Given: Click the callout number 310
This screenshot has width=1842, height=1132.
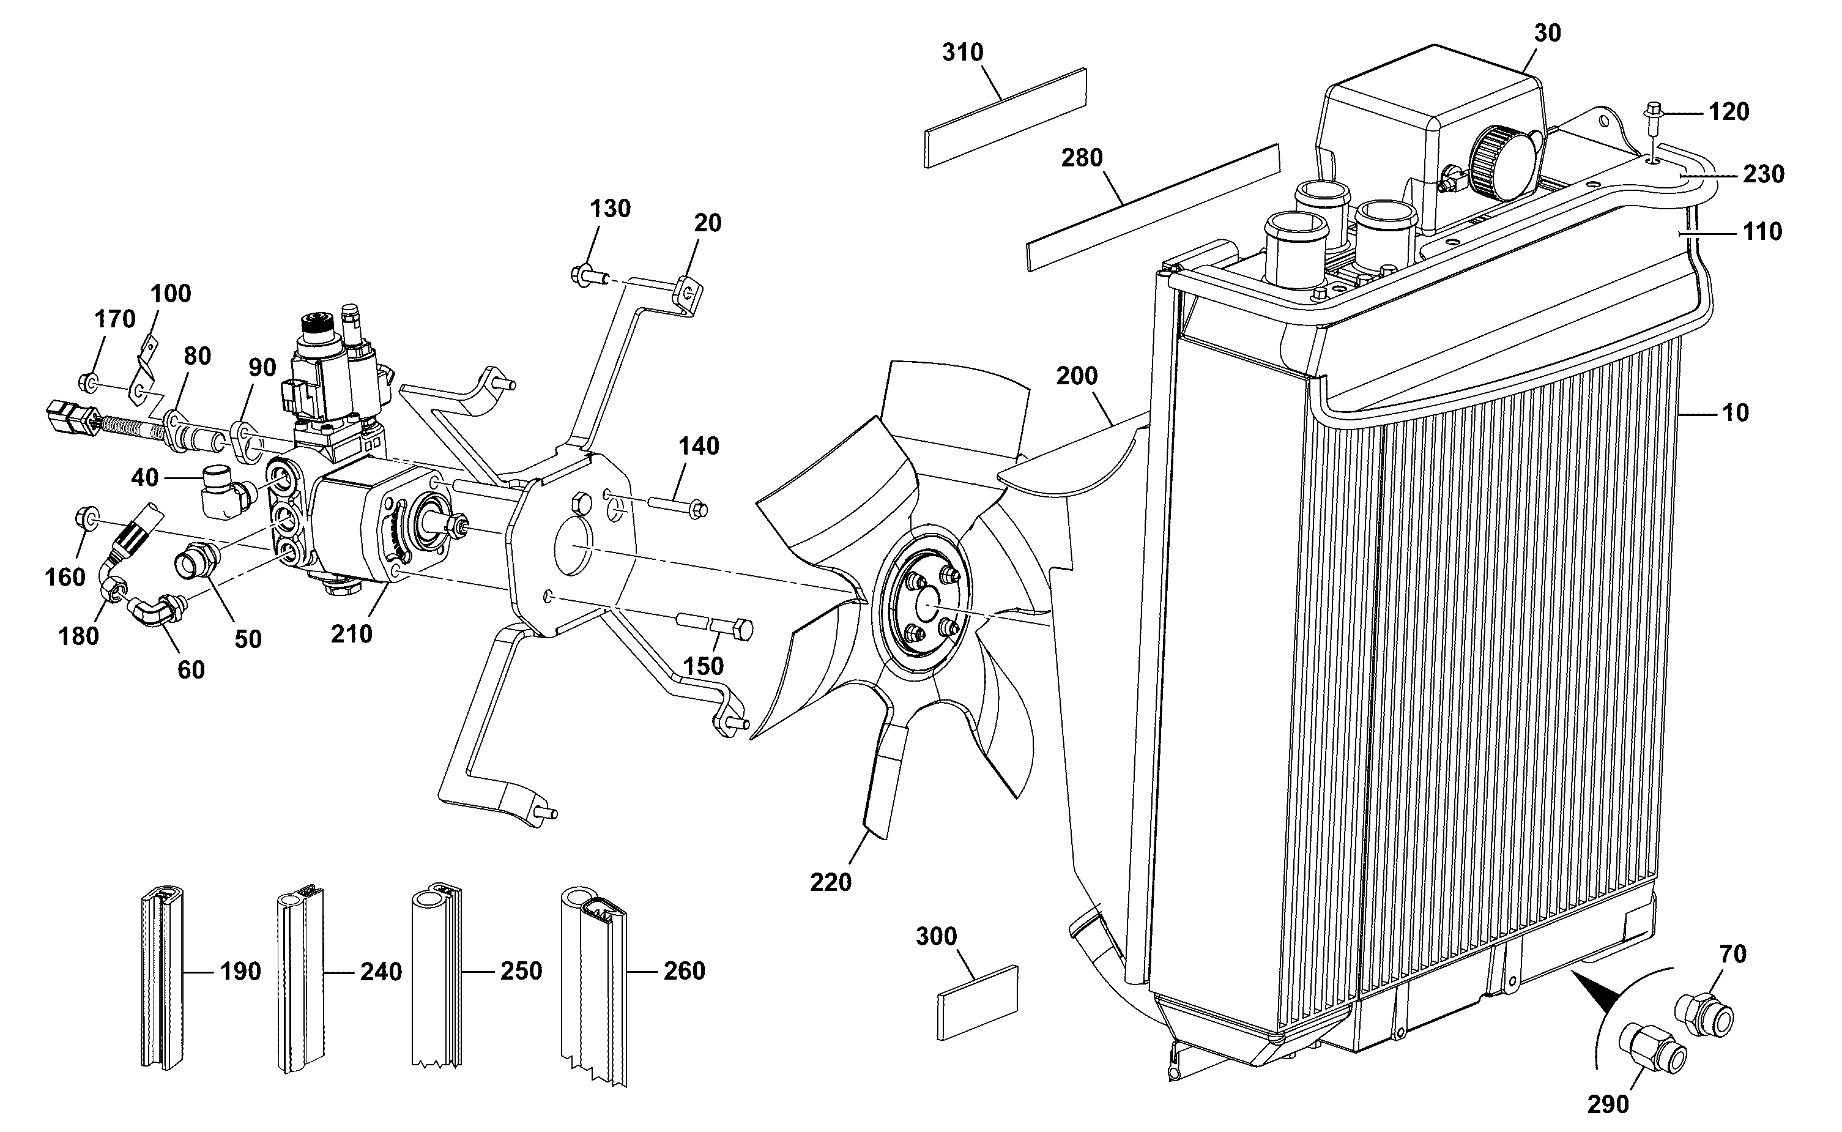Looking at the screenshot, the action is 962,53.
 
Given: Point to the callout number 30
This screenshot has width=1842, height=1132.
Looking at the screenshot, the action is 1547,33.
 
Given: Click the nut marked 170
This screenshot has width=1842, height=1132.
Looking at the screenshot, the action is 87,382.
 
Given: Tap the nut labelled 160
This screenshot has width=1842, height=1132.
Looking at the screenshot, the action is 87,518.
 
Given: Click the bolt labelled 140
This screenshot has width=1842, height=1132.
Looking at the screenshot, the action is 677,505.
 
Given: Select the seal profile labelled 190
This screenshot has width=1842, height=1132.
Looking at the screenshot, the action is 162,977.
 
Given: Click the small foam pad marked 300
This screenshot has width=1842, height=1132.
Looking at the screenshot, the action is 978,1002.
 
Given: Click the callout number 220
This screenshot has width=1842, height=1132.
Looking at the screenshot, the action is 831,882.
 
